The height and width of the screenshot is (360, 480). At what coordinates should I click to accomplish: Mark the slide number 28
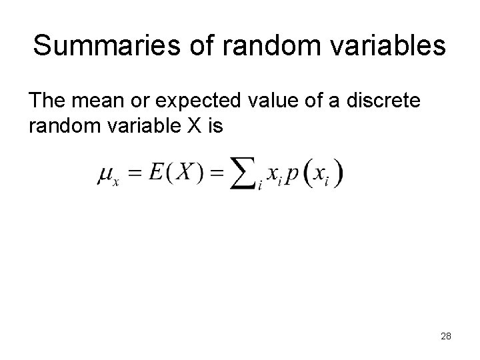click(446, 336)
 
